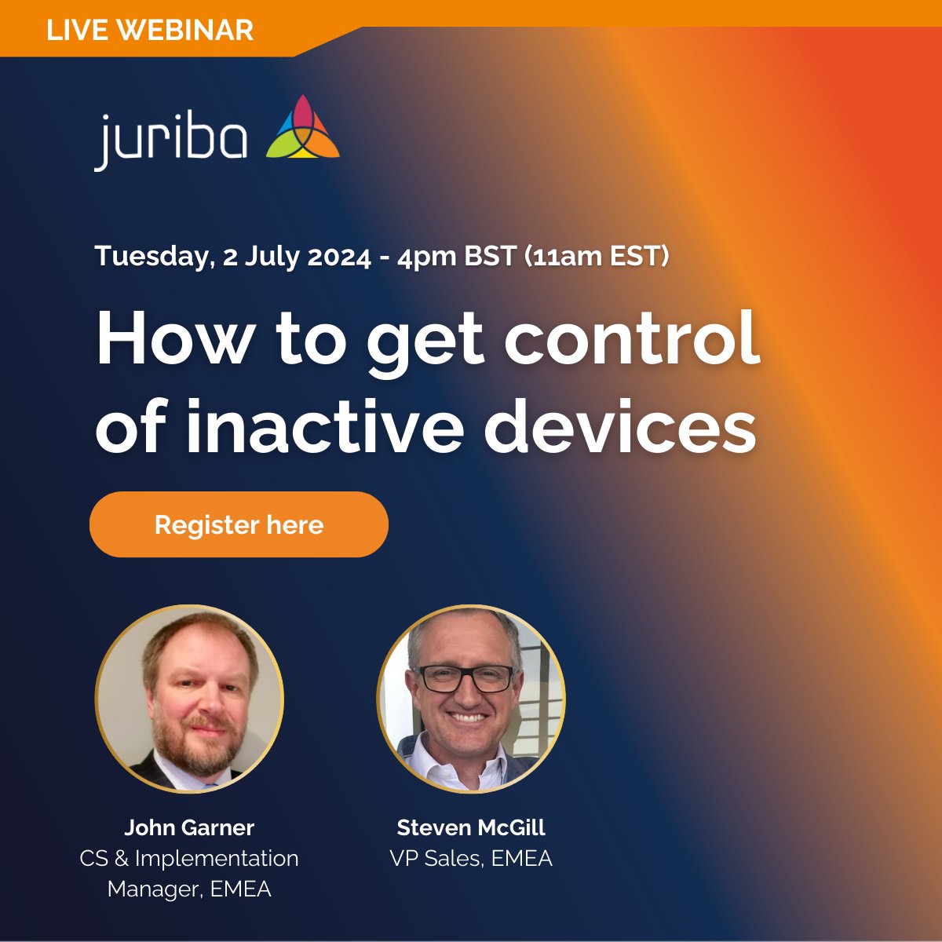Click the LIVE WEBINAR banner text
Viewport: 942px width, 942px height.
(x=150, y=31)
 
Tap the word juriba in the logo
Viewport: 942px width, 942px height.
(x=171, y=140)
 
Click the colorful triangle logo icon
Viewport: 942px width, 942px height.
(x=303, y=130)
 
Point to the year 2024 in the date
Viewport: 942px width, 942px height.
(x=338, y=257)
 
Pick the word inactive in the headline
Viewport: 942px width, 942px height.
(x=327, y=428)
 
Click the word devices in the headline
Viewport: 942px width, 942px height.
(x=620, y=428)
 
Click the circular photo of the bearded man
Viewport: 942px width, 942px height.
(x=189, y=698)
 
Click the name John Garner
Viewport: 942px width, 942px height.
(x=189, y=827)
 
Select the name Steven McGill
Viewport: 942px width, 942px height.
(x=471, y=827)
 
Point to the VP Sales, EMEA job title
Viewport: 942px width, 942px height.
(x=471, y=858)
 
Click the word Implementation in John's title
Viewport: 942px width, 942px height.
(x=217, y=858)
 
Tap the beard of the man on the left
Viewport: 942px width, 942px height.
(x=192, y=742)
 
